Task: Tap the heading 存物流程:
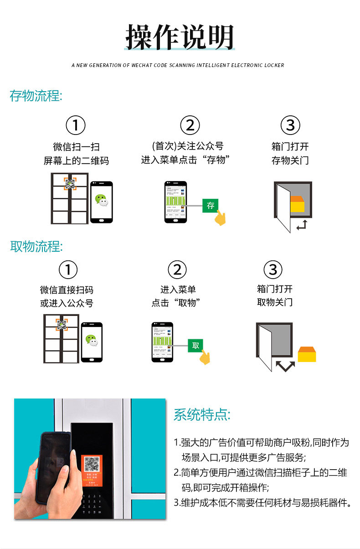[x=36, y=96]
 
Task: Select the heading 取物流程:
[x=36, y=247]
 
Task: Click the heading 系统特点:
[x=202, y=414]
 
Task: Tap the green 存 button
[x=211, y=206]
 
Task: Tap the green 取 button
[x=195, y=345]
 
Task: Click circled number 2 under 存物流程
[x=190, y=125]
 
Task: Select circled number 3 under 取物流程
[x=273, y=270]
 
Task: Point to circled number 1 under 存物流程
[x=76, y=125]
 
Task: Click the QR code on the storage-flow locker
[x=70, y=184]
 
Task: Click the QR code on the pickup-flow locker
[x=62, y=325]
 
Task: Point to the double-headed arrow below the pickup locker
[x=286, y=366]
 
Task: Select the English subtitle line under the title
[x=178, y=65]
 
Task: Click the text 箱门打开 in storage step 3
[x=290, y=147]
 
